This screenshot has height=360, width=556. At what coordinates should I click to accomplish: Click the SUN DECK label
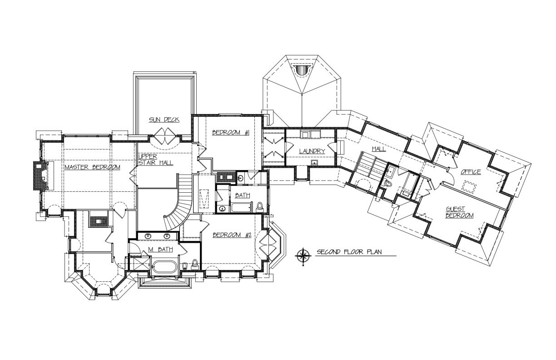[164, 120]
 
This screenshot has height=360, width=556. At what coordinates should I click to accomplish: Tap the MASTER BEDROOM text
[92, 167]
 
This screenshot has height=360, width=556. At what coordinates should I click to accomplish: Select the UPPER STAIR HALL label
[156, 160]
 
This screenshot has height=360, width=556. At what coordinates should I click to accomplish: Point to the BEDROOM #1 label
[231, 132]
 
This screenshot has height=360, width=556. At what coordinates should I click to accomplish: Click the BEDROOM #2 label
[232, 235]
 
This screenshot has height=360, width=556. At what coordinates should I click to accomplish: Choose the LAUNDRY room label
[312, 151]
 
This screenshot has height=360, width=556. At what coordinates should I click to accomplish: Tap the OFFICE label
[471, 172]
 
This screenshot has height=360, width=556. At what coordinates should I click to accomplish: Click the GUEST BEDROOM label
[459, 212]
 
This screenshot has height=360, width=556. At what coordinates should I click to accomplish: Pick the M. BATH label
[160, 249]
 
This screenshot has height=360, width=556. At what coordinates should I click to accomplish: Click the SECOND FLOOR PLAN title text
[349, 252]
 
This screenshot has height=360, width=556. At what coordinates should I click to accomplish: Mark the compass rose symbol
[303, 255]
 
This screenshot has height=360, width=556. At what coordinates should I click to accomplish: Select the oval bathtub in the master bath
[164, 268]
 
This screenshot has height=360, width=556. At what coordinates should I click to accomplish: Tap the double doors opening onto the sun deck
[165, 136]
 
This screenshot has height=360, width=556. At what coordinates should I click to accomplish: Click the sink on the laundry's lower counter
[314, 162]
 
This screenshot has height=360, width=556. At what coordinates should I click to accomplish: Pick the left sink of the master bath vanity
[148, 236]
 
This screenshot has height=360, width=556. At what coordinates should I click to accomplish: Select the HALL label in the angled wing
[379, 149]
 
